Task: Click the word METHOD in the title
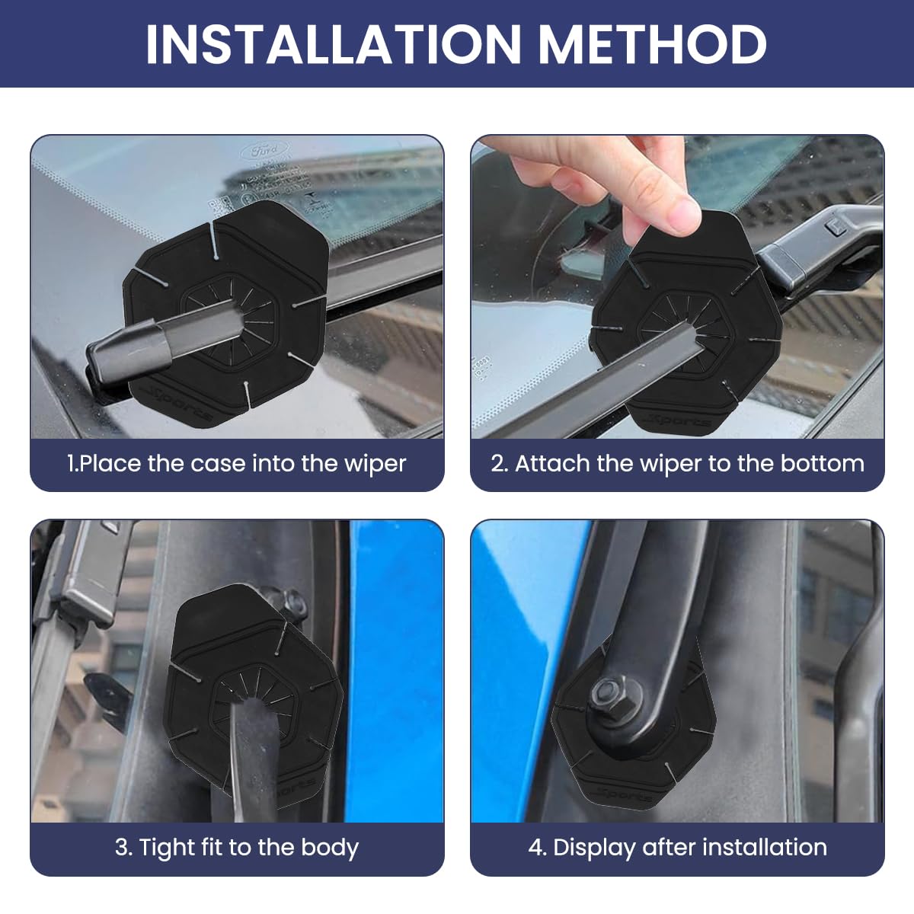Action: (653, 43)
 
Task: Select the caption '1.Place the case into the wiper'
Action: (237, 463)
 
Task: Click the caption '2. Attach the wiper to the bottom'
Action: (677, 463)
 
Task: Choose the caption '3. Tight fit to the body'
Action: (237, 847)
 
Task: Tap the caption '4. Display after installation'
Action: (677, 847)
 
